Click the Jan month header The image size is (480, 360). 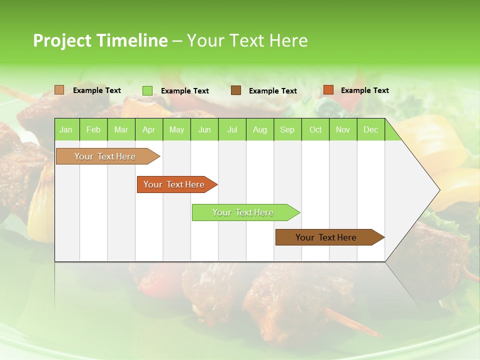click(66, 129)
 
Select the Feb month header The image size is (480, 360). click(93, 129)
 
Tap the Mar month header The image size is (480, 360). click(121, 129)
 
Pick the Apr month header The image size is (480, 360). click(149, 129)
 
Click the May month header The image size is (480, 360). click(176, 129)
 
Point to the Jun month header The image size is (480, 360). click(204, 129)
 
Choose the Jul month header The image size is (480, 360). click(232, 129)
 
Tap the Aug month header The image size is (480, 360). click(260, 129)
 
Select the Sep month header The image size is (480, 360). click(287, 129)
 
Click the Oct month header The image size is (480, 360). click(315, 129)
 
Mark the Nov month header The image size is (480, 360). click(343, 129)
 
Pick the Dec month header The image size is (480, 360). click(371, 129)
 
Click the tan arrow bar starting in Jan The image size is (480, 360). click(105, 156)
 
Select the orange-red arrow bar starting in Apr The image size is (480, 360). click(174, 184)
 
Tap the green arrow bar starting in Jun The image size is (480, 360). click(243, 212)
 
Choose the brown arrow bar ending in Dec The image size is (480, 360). click(326, 237)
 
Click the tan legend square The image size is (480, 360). click(59, 90)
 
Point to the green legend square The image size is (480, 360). click(147, 90)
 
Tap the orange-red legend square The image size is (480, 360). click(328, 90)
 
